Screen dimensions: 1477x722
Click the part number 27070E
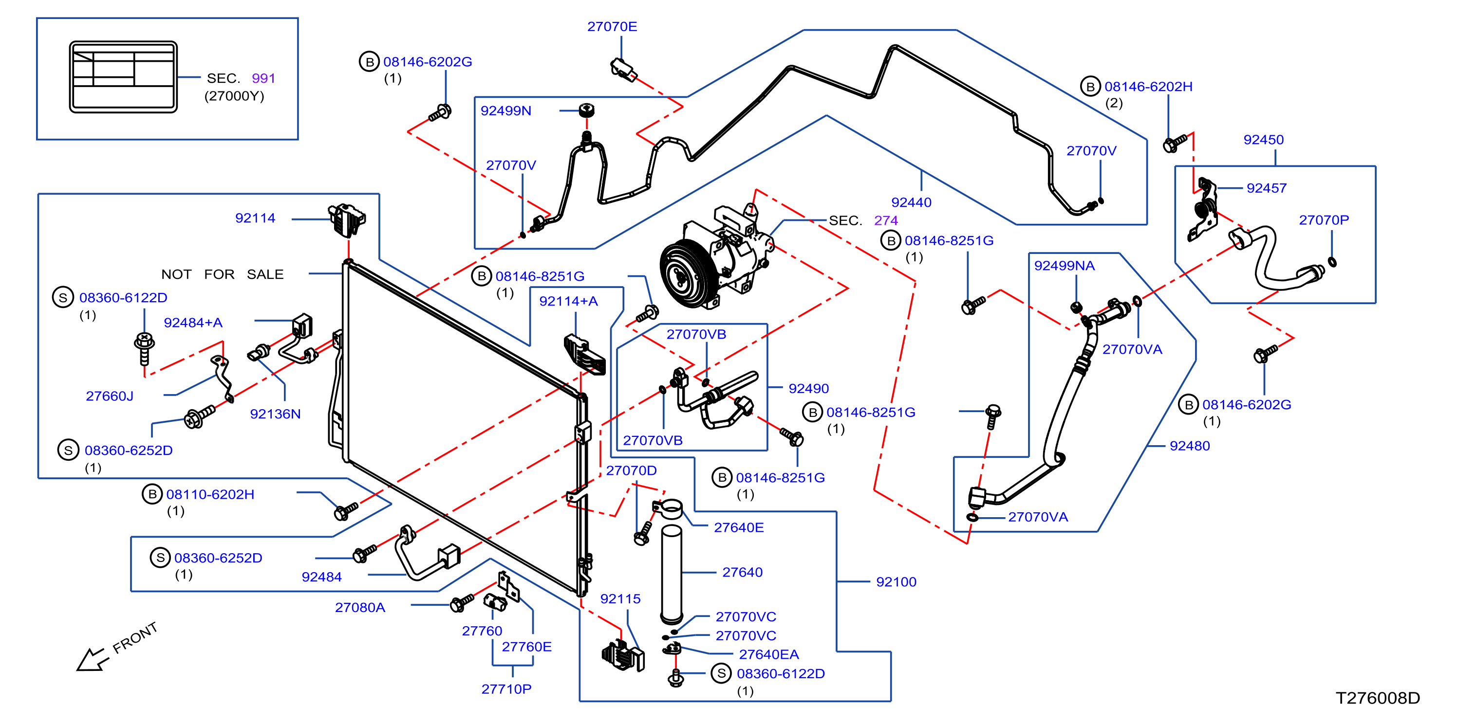tap(612, 26)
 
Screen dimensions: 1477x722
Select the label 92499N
tap(505, 110)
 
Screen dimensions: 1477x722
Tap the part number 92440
tap(911, 202)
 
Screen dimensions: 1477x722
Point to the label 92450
tap(1263, 140)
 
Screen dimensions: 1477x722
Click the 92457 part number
tap(1267, 188)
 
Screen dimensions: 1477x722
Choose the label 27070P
tap(1324, 220)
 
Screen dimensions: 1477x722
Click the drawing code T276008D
tap(1378, 698)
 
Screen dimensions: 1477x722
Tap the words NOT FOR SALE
tap(223, 274)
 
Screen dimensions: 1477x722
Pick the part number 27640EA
tap(768, 654)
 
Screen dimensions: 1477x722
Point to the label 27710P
tap(506, 689)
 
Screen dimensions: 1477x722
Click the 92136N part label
tap(275, 414)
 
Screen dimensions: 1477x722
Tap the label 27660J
tap(110, 396)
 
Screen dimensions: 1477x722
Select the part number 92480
tap(1190, 446)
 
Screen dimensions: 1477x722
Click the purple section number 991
tap(264, 78)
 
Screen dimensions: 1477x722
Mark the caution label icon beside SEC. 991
tap(123, 77)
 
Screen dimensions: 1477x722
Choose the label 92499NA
tap(1064, 266)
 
